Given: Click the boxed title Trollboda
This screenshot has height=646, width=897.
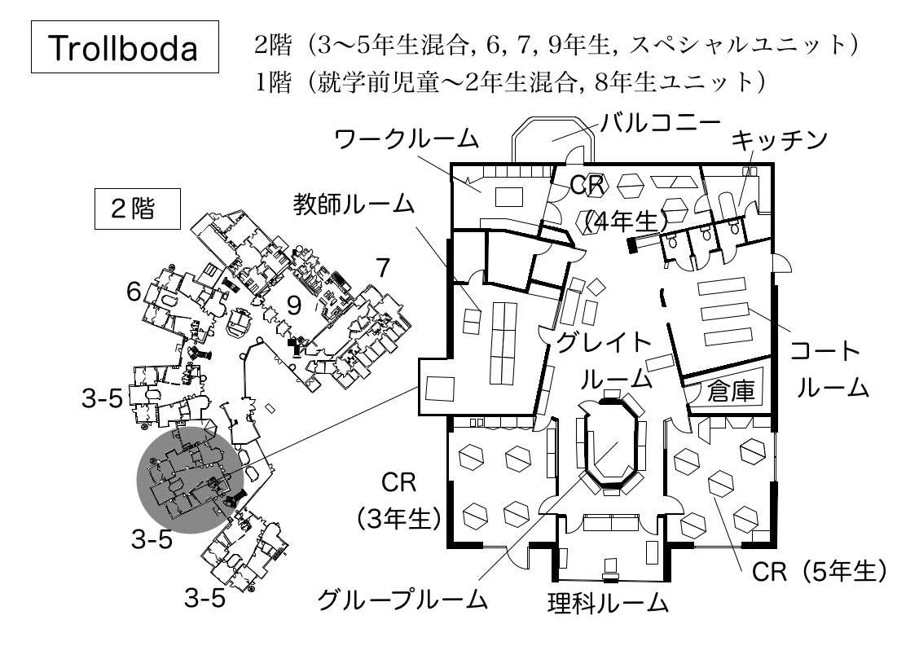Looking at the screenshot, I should tap(125, 50).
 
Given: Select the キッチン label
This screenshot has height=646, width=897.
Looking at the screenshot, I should tap(779, 139).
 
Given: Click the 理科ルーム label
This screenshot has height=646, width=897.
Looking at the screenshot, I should tap(608, 604).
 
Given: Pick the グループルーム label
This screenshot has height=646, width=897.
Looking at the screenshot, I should tap(403, 601).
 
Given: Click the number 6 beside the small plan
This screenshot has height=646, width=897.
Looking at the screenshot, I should tap(135, 292).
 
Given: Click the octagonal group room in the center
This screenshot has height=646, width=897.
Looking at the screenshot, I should tap(609, 443).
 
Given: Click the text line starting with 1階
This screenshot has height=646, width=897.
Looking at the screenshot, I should tap(510, 82).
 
